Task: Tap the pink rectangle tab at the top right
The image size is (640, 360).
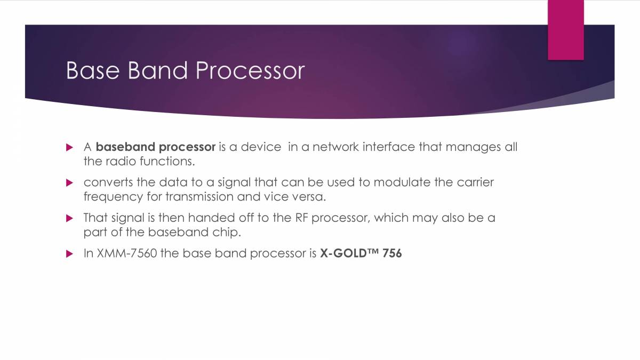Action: pos(565,29)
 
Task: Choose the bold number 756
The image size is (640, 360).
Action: pos(392,253)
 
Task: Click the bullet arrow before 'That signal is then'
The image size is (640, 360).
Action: pos(69,218)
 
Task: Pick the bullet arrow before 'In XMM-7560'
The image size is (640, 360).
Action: pos(69,254)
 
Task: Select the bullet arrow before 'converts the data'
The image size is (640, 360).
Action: pos(69,182)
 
